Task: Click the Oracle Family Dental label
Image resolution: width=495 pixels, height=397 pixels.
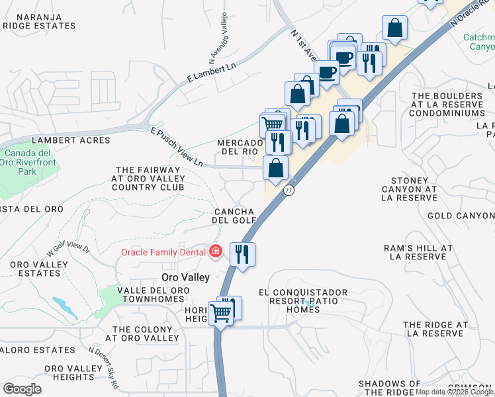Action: (x=163, y=252)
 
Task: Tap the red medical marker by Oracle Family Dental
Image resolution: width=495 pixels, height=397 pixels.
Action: (x=215, y=251)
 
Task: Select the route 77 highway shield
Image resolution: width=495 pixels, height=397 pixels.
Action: (x=289, y=190)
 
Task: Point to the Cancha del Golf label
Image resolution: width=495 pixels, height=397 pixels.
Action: (x=234, y=215)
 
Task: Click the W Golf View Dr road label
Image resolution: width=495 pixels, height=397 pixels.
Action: (x=68, y=251)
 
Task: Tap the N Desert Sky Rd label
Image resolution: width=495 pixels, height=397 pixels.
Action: (x=105, y=367)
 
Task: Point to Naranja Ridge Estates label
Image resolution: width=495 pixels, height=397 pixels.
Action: (x=40, y=21)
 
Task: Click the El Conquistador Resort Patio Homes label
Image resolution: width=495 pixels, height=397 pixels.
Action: (x=303, y=300)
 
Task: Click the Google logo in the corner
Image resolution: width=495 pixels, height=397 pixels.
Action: (x=22, y=389)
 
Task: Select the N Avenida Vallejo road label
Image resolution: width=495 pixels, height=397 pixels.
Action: (x=219, y=34)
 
